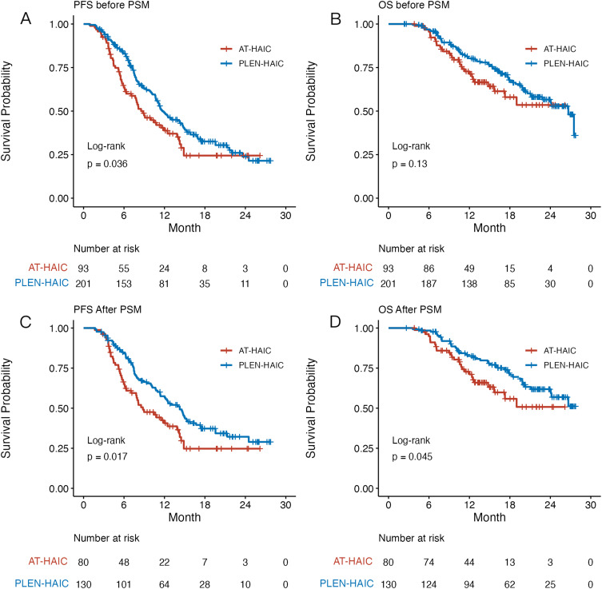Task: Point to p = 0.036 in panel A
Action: click(107, 164)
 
